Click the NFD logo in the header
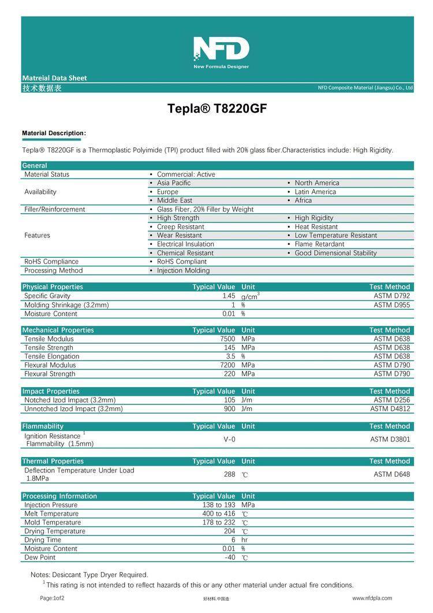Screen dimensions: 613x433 (221, 51)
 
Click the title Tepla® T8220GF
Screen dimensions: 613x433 (217, 109)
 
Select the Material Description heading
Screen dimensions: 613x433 (54, 133)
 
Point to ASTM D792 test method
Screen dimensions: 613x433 (391, 296)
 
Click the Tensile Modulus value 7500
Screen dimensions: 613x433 (227, 339)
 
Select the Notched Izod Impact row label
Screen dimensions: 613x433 (70, 400)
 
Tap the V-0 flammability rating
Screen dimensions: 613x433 (229, 440)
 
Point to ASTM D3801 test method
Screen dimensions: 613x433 (390, 440)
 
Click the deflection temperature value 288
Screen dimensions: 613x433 (230, 474)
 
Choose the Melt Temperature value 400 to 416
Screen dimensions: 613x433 (219, 514)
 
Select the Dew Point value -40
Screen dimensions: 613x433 (230, 558)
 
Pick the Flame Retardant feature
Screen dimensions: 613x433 (319, 244)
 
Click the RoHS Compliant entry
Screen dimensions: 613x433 (181, 262)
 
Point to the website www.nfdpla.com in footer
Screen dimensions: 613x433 (372, 598)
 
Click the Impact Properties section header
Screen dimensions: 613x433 (51, 391)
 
